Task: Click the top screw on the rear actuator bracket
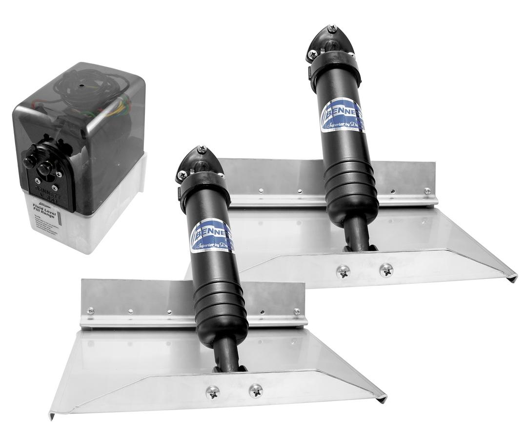tap(332, 29)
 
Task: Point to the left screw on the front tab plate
tap(212, 392)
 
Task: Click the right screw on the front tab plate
tap(255, 390)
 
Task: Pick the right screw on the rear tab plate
tap(385, 269)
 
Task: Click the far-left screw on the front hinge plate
tap(90, 311)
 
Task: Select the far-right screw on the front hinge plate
tap(297, 311)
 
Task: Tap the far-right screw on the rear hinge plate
tap(427, 191)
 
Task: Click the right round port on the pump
tap(45, 169)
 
